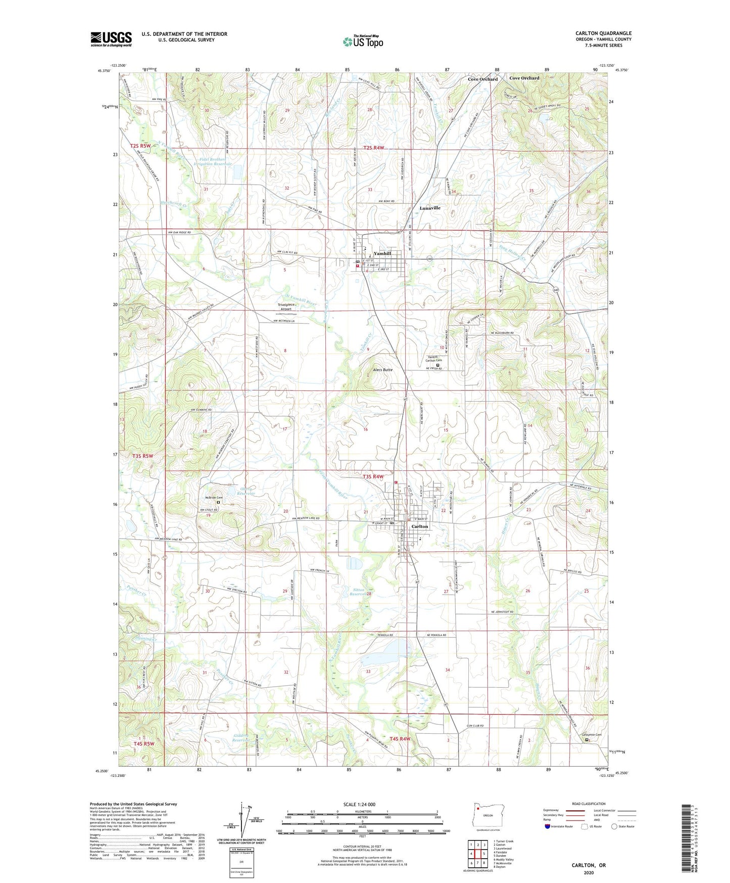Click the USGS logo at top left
coord(111,39)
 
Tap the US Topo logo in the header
coord(362,41)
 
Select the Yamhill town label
coord(382,254)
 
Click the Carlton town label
coord(419,526)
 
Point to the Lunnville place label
coord(430,208)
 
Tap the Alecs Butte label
coord(382,370)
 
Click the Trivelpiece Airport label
coord(289,307)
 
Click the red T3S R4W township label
coord(373,476)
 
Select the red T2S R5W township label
coord(140,146)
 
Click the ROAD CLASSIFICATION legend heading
coord(588,804)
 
